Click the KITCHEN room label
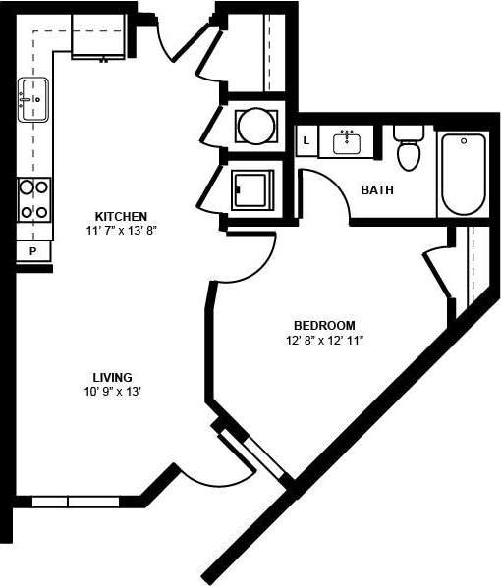coord(121,216)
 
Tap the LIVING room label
coord(113,377)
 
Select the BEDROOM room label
coord(324,325)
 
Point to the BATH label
coord(377,189)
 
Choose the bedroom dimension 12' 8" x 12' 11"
coord(324,342)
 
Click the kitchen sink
coord(32,100)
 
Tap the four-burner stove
coord(33,198)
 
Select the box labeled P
coord(32,252)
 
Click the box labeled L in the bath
coord(306,141)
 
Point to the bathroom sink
coord(347,142)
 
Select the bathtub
coord(463,174)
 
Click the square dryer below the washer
coord(254,189)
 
